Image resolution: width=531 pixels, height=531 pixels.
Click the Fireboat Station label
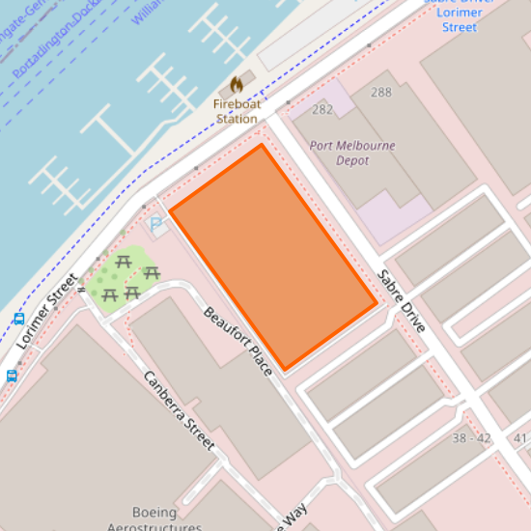(237, 111)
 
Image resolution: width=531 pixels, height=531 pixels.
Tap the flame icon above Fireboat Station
(237, 86)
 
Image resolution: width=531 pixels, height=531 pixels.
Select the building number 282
(321, 110)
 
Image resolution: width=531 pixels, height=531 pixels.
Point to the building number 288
(380, 93)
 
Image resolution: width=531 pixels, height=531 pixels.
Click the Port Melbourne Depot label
(352, 153)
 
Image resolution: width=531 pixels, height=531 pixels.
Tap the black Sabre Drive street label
(402, 300)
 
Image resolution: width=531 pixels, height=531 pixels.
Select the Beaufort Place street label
(238, 342)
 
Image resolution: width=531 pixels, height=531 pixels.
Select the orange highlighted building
(273, 256)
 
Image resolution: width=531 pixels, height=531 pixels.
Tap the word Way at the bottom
(293, 515)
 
